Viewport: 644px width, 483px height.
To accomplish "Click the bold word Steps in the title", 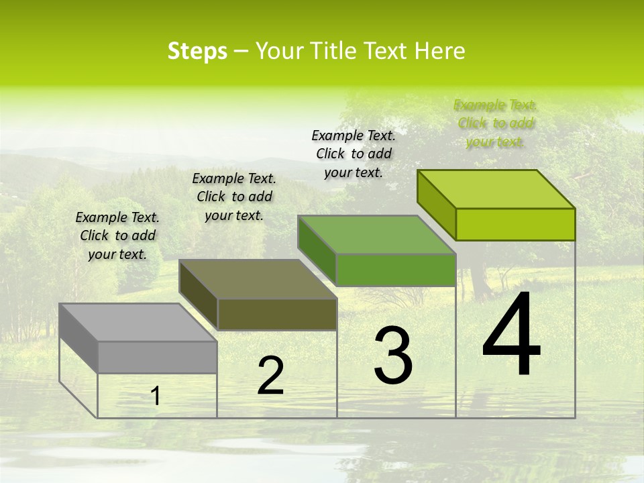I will pos(197,51).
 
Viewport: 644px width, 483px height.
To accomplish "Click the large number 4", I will pos(511,335).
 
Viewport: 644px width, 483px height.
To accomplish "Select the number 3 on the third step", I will pos(392,355).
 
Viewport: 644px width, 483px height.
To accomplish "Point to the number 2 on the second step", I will pos(271,376).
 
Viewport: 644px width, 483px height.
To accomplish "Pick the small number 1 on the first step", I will pos(156,396).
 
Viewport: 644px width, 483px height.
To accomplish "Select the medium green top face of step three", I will pos(376,235).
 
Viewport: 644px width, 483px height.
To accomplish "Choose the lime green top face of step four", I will pos(496,189).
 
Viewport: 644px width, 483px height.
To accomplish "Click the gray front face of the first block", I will pos(158,357).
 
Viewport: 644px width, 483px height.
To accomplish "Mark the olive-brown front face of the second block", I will pos(277,314).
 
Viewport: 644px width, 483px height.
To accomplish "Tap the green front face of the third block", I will pos(396,270).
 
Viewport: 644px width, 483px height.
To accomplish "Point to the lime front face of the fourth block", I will pos(515,224).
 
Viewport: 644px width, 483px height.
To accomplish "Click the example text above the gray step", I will pos(117,235).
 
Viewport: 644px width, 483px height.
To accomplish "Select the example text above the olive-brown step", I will pos(234,197).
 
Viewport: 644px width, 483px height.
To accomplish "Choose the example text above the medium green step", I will pos(354,154).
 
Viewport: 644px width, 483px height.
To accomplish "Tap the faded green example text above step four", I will pos(496,123).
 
